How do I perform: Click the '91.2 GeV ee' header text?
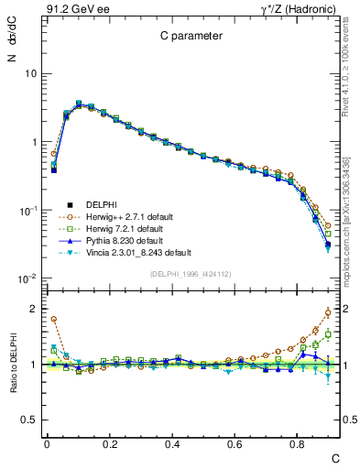click(71, 10)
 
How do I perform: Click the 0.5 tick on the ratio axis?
click(32, 420)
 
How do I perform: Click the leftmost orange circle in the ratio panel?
click(54, 320)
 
